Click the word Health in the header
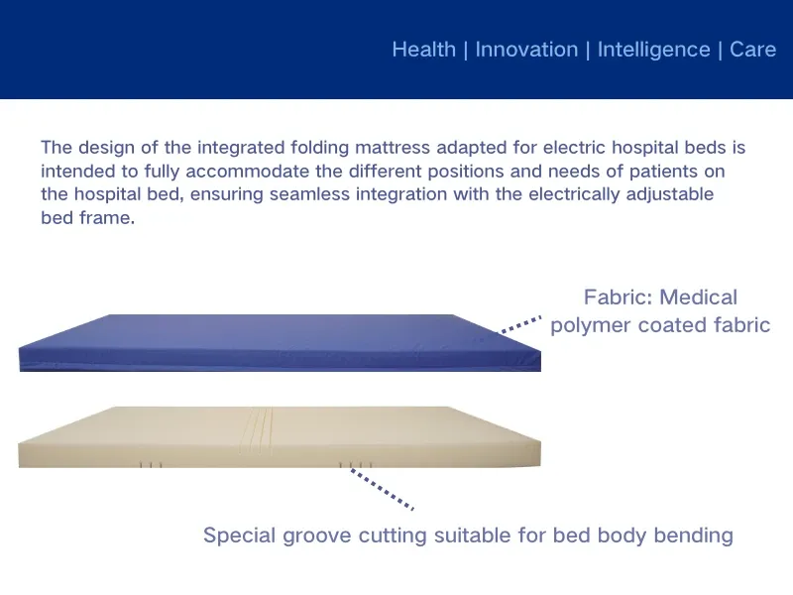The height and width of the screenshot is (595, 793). click(423, 50)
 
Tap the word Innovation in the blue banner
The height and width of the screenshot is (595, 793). click(525, 50)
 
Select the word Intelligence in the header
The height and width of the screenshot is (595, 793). click(653, 50)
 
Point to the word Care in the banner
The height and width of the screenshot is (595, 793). click(752, 50)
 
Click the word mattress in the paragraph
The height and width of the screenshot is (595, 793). click(390, 148)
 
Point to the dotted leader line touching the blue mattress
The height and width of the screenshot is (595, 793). click(519, 325)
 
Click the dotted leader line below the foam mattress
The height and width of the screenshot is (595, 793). click(382, 488)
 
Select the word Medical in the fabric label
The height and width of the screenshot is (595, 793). click(698, 297)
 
